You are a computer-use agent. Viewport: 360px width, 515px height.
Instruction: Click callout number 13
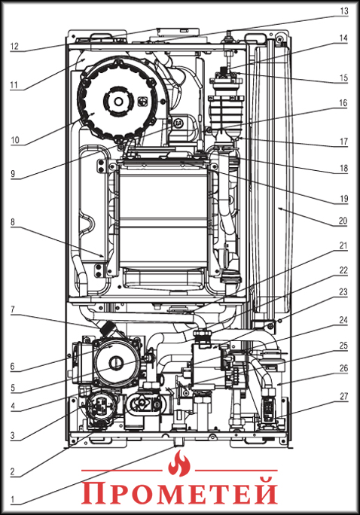(343, 11)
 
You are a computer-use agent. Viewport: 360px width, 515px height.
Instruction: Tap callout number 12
(14, 47)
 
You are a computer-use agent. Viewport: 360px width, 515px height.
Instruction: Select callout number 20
(343, 221)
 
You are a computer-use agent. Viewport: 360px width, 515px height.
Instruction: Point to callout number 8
(13, 221)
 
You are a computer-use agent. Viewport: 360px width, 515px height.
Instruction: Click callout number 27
(343, 397)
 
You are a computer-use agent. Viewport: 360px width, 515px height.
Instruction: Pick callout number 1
(13, 500)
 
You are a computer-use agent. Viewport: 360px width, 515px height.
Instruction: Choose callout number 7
(13, 309)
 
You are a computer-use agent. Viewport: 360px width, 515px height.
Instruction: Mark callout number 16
(343, 103)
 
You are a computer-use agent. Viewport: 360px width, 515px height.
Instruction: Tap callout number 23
(343, 291)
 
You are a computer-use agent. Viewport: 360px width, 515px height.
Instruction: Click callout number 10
(15, 140)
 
